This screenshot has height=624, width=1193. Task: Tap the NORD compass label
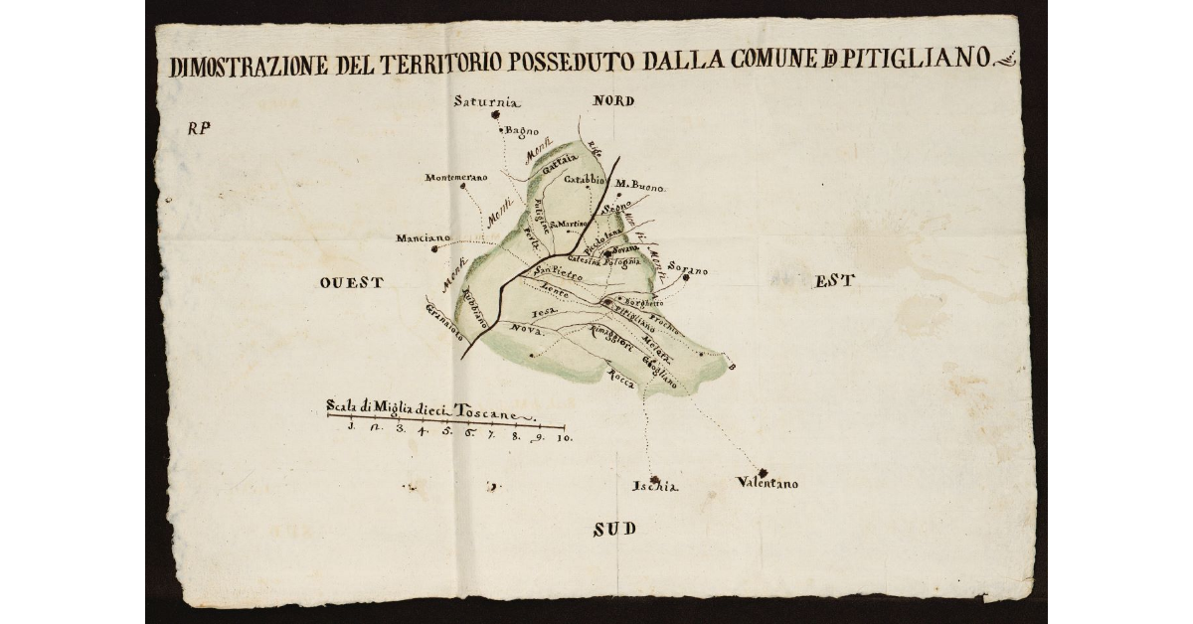point(613,101)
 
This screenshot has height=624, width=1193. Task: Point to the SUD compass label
point(614,530)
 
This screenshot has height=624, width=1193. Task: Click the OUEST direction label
point(352,283)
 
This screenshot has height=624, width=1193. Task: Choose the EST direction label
point(835,281)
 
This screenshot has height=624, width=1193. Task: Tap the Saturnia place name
point(487,100)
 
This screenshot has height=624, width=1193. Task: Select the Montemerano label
point(456,178)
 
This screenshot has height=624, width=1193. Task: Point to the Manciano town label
point(424,238)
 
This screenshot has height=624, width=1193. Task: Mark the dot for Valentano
point(763,472)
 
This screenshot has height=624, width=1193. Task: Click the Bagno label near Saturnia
point(522,130)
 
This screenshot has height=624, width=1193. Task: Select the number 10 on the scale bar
point(564,436)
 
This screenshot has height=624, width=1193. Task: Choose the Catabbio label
point(585,180)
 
